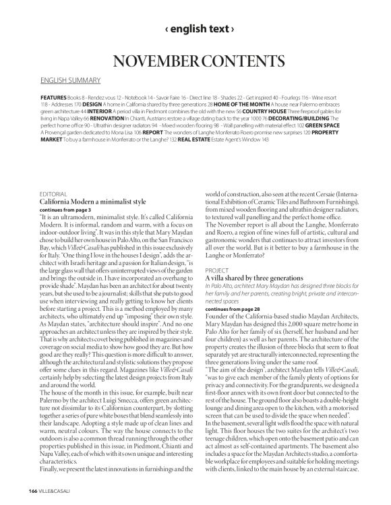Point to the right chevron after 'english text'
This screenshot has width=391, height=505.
(x=233, y=30)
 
